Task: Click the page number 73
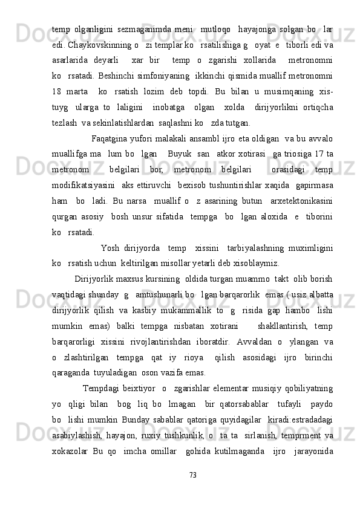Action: coord(193,476)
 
